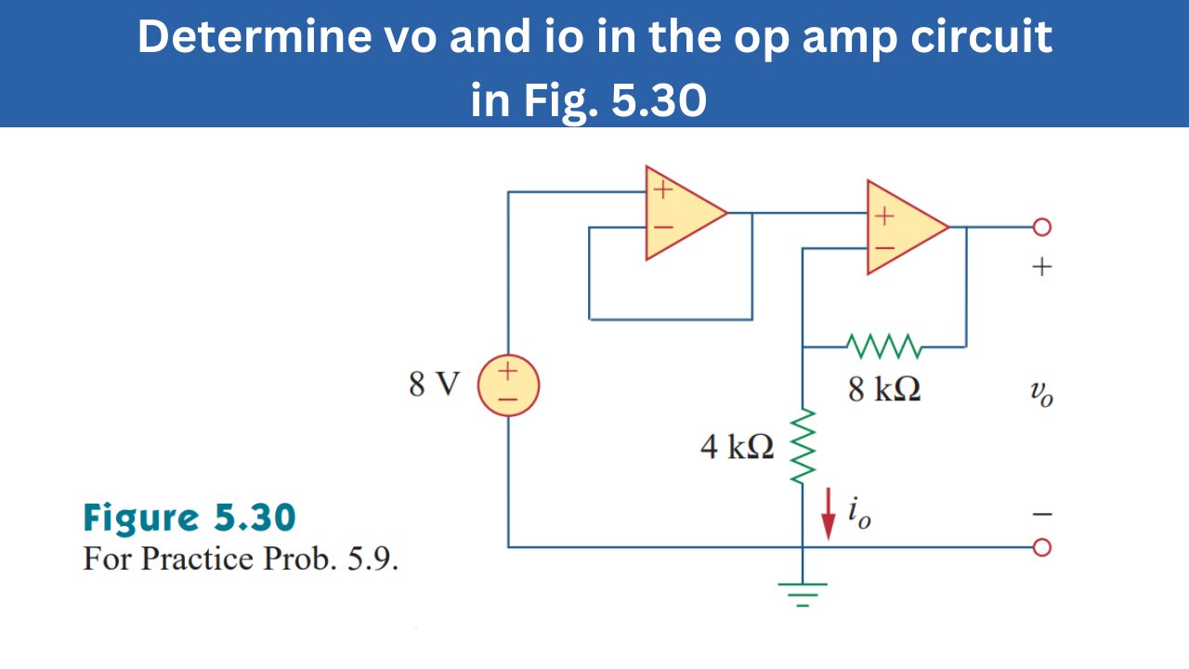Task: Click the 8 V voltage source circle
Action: tap(508, 385)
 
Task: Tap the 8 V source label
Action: tap(434, 385)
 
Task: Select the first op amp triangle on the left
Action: tap(680, 213)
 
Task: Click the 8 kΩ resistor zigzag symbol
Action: tap(883, 347)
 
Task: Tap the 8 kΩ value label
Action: tap(883, 390)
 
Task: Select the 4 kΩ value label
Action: tap(737, 448)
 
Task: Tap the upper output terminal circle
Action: tap(1041, 227)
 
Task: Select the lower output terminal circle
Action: tap(1041, 547)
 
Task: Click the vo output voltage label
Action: tap(1041, 395)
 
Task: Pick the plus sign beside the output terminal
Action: tap(1041, 268)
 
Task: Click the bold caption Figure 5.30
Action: tap(189, 518)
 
